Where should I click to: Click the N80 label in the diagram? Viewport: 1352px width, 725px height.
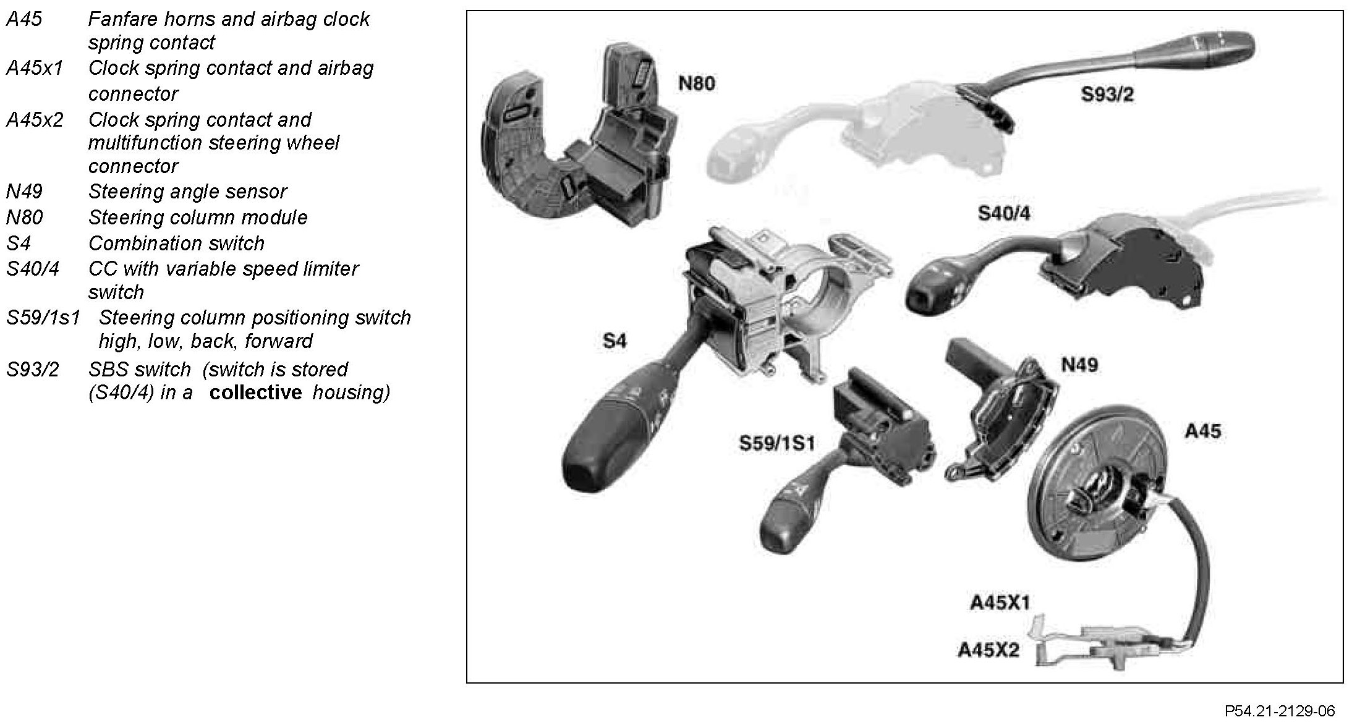click(697, 83)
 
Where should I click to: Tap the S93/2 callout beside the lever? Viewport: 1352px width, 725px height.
click(1107, 95)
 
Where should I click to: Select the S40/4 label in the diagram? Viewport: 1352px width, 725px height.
click(1004, 214)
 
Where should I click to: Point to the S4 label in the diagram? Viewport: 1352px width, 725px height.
click(614, 341)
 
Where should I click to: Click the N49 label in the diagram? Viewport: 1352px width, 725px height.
click(1079, 365)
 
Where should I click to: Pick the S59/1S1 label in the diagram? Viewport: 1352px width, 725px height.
click(777, 443)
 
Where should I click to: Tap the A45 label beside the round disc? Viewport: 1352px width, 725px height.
click(1202, 431)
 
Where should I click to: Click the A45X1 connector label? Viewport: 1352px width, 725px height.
click(1000, 603)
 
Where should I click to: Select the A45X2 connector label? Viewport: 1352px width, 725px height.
click(988, 650)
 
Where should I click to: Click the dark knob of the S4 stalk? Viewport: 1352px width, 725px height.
click(597, 457)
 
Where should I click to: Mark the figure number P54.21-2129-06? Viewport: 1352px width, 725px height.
click(1279, 711)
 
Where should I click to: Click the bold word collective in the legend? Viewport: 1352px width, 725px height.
click(255, 392)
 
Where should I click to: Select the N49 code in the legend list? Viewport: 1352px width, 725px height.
click(24, 192)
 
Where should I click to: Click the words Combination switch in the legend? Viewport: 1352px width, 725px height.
click(176, 244)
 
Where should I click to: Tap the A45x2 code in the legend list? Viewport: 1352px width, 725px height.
click(35, 119)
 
